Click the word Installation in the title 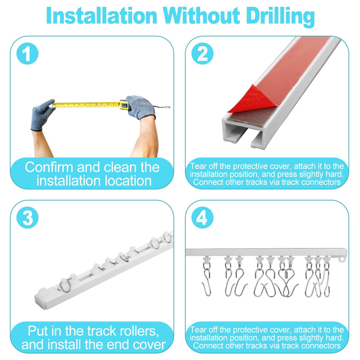102,16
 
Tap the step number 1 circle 27,54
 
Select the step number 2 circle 202,54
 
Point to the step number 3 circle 27,217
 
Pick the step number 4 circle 202,217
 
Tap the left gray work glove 42,115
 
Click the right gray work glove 140,108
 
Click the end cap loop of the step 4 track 342,260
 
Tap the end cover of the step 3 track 41,298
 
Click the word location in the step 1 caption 128,181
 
